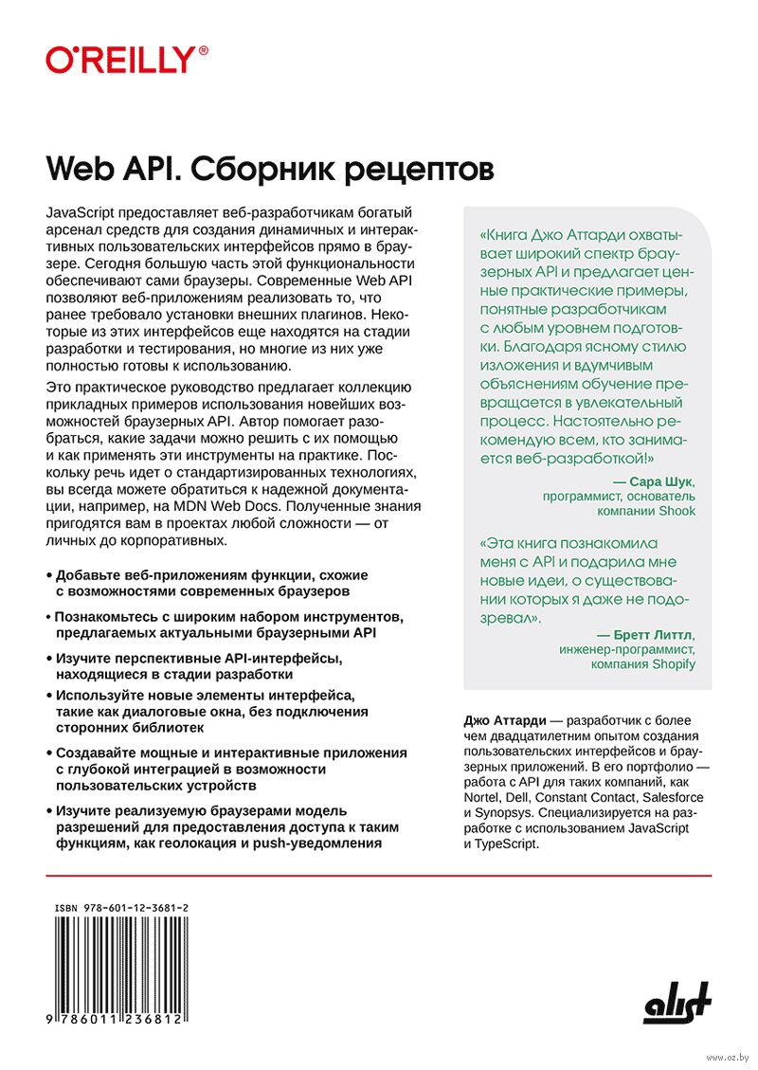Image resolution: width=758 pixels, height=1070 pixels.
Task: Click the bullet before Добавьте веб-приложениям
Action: [x=48, y=576]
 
